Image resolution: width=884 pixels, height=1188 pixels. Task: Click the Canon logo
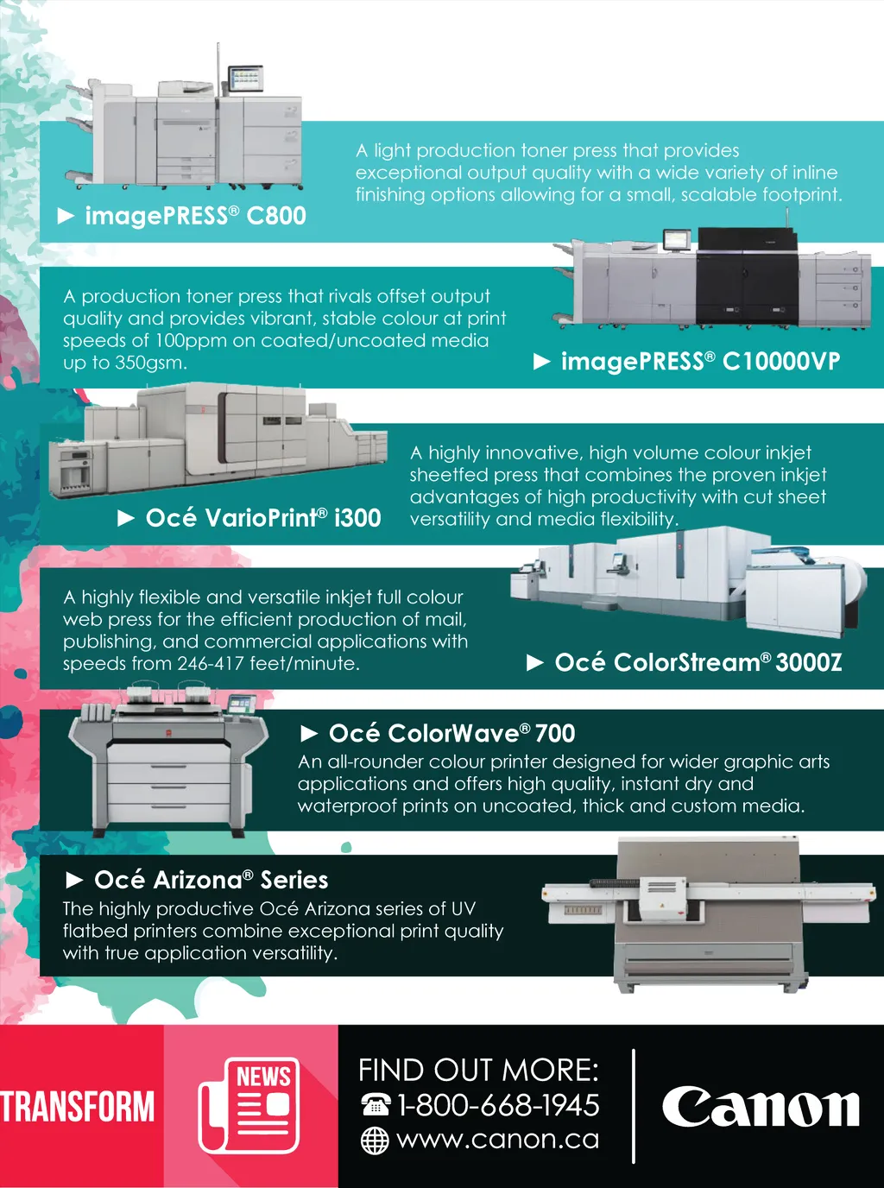coord(761,1107)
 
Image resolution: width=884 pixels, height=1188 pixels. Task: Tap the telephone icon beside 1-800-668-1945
coord(375,1104)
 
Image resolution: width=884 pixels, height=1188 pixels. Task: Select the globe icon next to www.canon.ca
coord(375,1141)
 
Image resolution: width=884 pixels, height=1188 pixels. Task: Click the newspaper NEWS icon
coord(249,1105)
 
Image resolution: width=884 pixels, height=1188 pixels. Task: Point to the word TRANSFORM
coord(78,1107)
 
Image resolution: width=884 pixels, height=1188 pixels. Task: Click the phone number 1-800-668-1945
coord(498,1105)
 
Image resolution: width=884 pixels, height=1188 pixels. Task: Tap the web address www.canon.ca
coord(498,1140)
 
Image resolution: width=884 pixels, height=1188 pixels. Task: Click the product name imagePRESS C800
coord(196,216)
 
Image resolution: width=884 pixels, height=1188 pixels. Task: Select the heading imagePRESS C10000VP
coord(700,362)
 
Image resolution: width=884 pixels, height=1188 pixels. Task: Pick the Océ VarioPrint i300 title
coord(263,518)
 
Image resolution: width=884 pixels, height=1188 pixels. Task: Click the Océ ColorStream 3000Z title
coord(698,662)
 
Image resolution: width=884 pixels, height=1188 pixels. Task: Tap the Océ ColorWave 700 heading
coord(451,733)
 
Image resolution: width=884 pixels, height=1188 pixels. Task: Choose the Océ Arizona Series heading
coord(212,880)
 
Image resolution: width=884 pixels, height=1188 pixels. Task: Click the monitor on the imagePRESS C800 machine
coord(246,79)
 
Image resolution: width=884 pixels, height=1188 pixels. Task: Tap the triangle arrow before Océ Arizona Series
coord(74,880)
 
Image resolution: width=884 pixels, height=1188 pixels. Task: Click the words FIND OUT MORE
coord(478,1071)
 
